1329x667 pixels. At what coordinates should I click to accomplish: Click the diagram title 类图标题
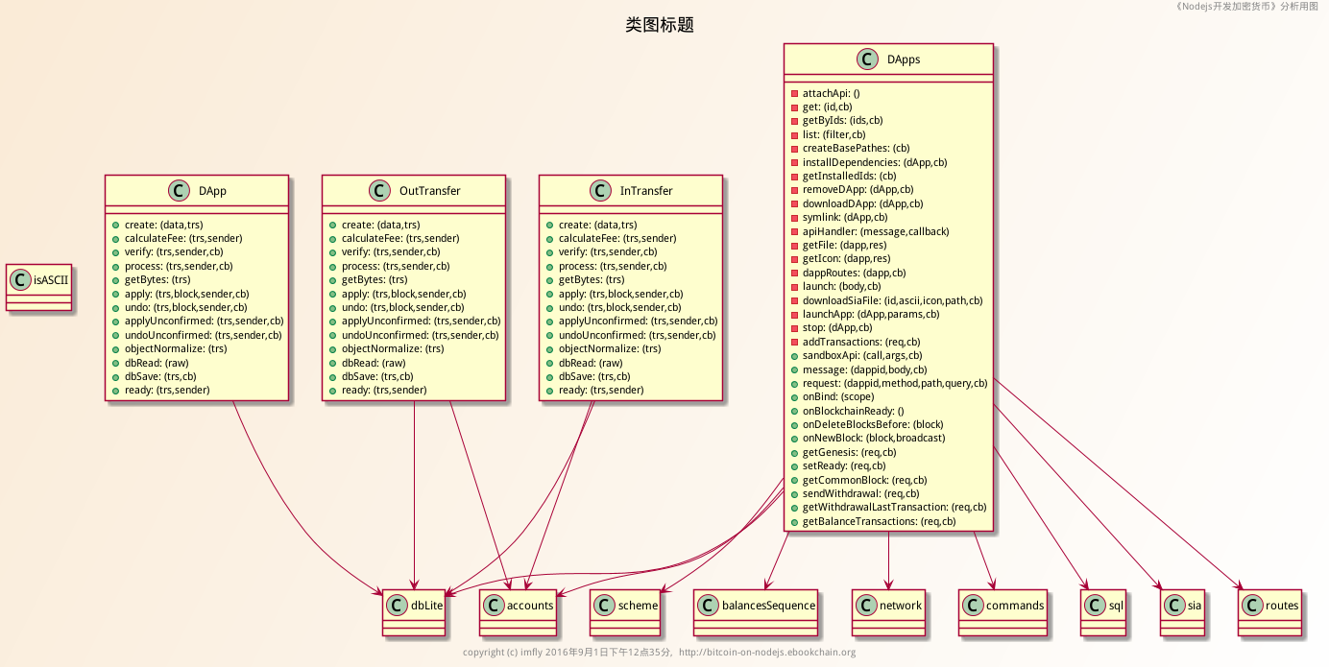click(660, 25)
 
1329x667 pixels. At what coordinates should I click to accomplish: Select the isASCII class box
click(39, 287)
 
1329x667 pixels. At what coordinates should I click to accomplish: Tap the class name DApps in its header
click(904, 59)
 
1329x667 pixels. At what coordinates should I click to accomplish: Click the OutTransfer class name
click(429, 191)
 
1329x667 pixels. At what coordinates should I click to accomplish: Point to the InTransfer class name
click(645, 191)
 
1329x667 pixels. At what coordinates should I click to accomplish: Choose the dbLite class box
click(414, 610)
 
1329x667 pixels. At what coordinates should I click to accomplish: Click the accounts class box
click(519, 610)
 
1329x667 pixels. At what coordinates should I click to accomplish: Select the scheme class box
click(626, 610)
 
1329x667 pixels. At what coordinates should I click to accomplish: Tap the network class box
click(889, 610)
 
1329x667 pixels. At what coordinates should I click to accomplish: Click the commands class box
click(1003, 610)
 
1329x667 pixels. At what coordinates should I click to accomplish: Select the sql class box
click(1103, 610)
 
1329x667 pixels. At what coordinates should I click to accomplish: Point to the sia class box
click(1182, 610)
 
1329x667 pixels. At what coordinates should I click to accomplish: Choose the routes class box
click(1269, 610)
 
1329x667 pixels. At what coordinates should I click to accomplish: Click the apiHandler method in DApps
click(875, 231)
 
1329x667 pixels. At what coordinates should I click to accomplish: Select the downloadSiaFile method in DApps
click(892, 300)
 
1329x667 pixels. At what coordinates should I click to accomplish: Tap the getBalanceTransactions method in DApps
click(879, 521)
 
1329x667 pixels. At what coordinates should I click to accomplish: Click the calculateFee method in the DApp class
click(183, 238)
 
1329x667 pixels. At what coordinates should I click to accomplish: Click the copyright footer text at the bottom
click(659, 653)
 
